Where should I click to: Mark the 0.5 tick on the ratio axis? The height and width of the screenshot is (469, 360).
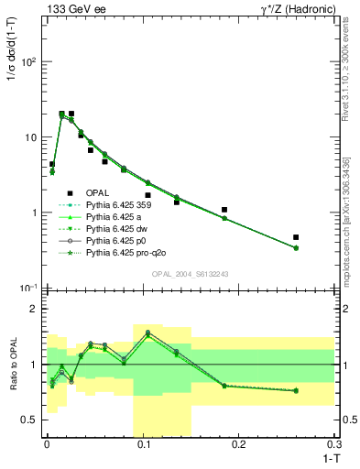coord(31,420)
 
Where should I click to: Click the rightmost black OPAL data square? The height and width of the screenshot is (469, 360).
coord(296,237)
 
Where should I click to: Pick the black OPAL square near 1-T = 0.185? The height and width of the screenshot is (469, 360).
coord(224,210)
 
